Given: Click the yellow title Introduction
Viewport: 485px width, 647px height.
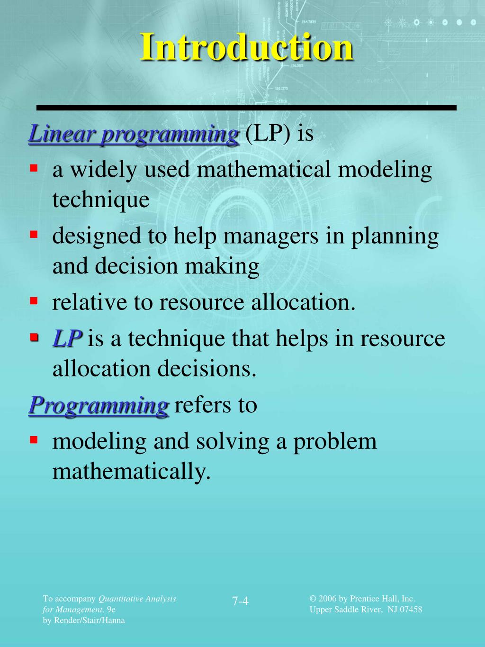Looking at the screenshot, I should pyautogui.click(x=246, y=47).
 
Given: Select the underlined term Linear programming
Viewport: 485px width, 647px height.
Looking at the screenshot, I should pyautogui.click(x=134, y=134).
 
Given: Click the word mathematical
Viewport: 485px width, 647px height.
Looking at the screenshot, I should pyautogui.click(x=264, y=170).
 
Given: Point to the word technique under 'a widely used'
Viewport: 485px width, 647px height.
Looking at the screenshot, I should pyautogui.click(x=101, y=200).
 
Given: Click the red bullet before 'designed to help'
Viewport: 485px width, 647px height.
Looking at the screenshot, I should pyautogui.click(x=34, y=234).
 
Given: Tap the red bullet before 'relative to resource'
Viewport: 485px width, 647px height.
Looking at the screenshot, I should pyautogui.click(x=34, y=301).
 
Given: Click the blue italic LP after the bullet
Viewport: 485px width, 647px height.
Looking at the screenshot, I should pyautogui.click(x=67, y=339).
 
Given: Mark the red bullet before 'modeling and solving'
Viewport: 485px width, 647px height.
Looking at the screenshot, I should pyautogui.click(x=34, y=439).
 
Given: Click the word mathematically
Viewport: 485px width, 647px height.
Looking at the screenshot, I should pyautogui.click(x=131, y=472).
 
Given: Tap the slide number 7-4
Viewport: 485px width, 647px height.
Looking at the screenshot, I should pyautogui.click(x=241, y=601).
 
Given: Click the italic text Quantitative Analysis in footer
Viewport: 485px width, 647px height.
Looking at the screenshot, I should pyautogui.click(x=137, y=599).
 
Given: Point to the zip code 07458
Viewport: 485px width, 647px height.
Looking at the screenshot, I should pyautogui.click(x=411, y=610).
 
